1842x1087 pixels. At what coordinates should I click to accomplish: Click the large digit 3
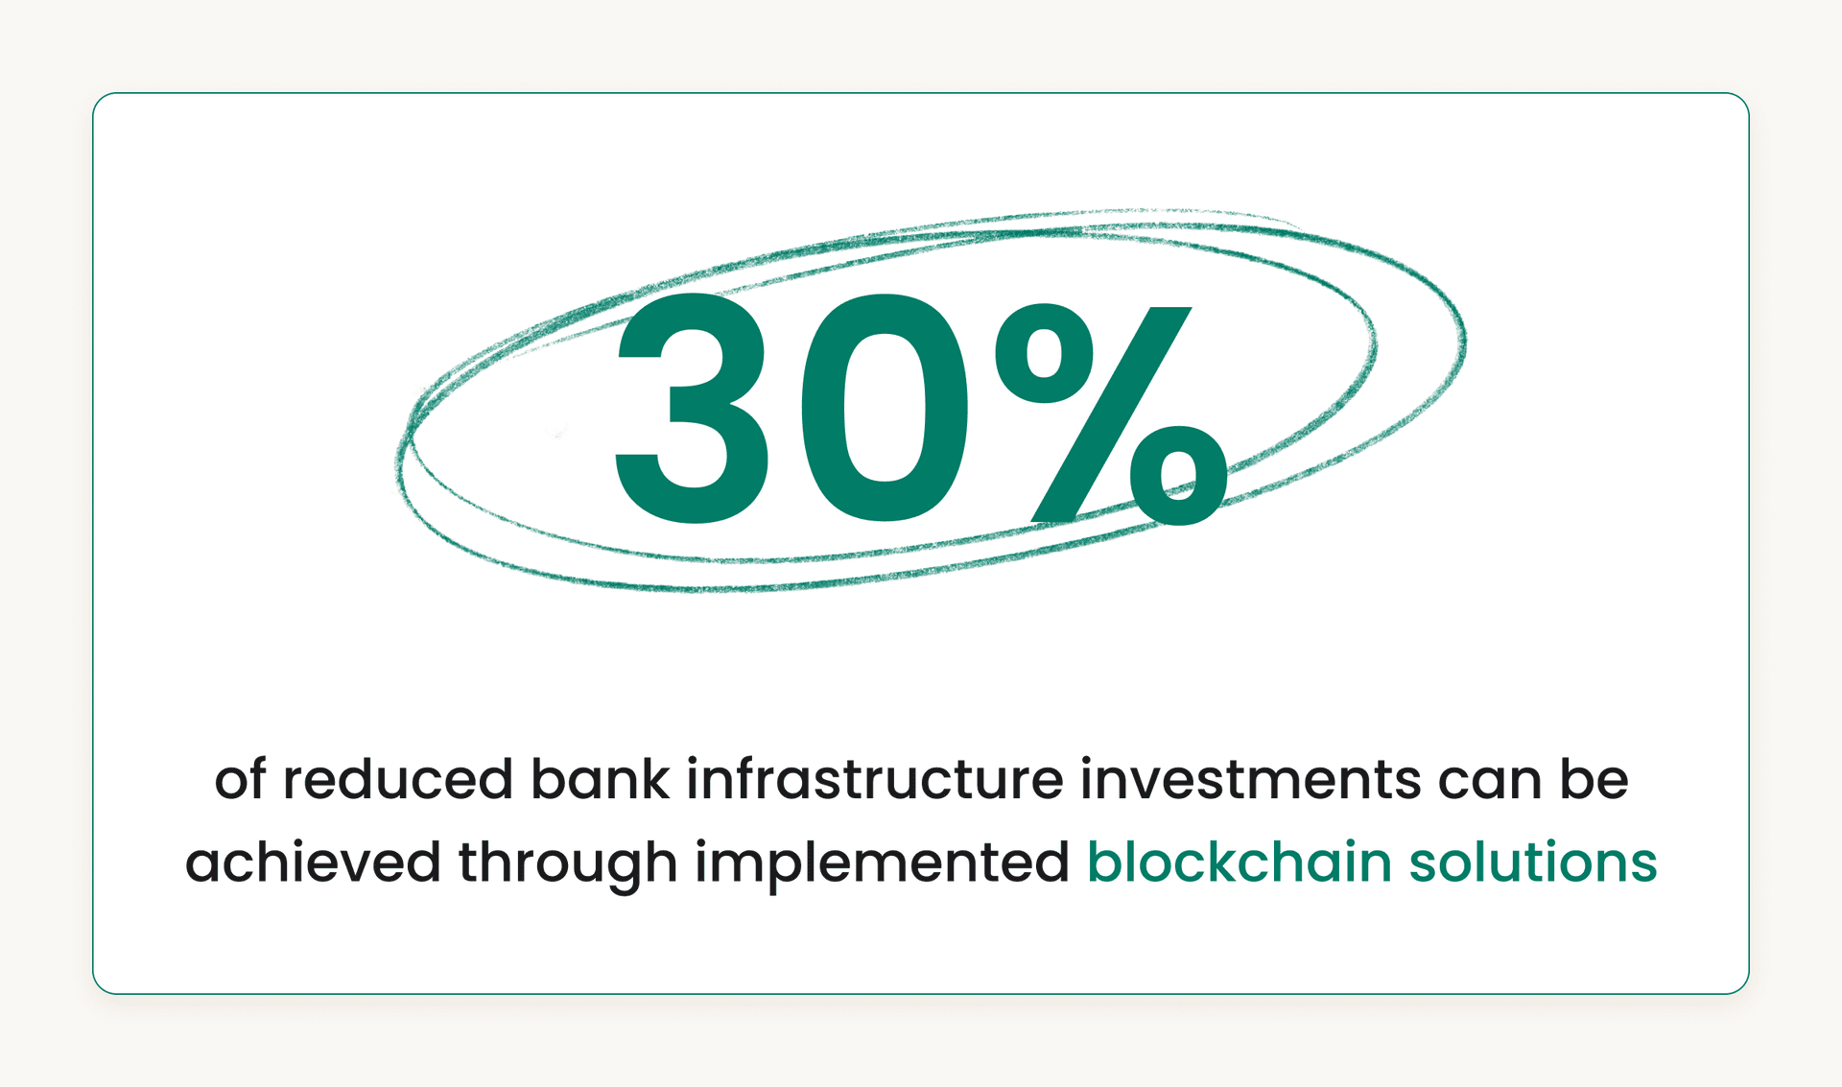pyautogui.click(x=693, y=410)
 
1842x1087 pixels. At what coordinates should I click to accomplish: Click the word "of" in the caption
pyautogui.click(x=239, y=779)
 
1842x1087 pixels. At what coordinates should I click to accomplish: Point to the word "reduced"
pyautogui.click(x=397, y=779)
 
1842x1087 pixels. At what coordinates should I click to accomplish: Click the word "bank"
pyautogui.click(x=600, y=779)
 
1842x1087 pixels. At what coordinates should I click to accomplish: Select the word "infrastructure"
pyautogui.click(x=875, y=779)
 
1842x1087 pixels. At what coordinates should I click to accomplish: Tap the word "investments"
pyautogui.click(x=1250, y=779)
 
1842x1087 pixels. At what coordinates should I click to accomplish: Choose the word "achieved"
pyautogui.click(x=313, y=862)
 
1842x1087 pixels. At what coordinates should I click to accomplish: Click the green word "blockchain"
pyautogui.click(x=1239, y=862)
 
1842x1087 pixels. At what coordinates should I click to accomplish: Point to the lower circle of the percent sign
pyautogui.click(x=1179, y=475)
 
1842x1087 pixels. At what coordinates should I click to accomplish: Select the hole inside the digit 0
pyautogui.click(x=884, y=410)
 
